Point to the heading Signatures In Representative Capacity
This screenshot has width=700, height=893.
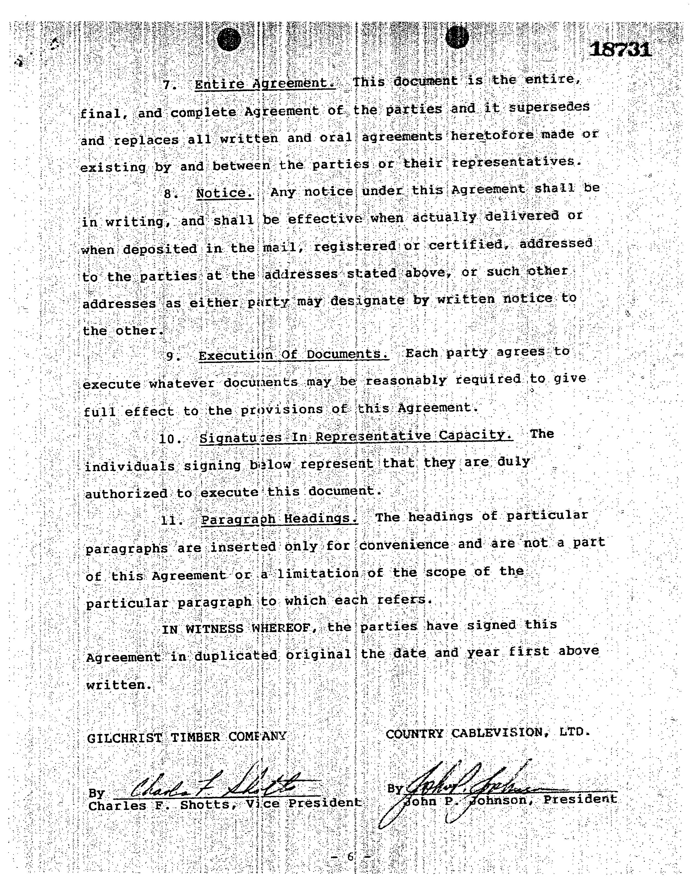356,436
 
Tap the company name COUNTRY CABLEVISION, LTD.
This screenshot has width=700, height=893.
488,733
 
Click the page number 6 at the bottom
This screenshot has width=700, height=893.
350,856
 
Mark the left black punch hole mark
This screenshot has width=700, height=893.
229,40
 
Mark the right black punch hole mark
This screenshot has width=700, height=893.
457,37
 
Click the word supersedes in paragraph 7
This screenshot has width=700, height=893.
549,107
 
